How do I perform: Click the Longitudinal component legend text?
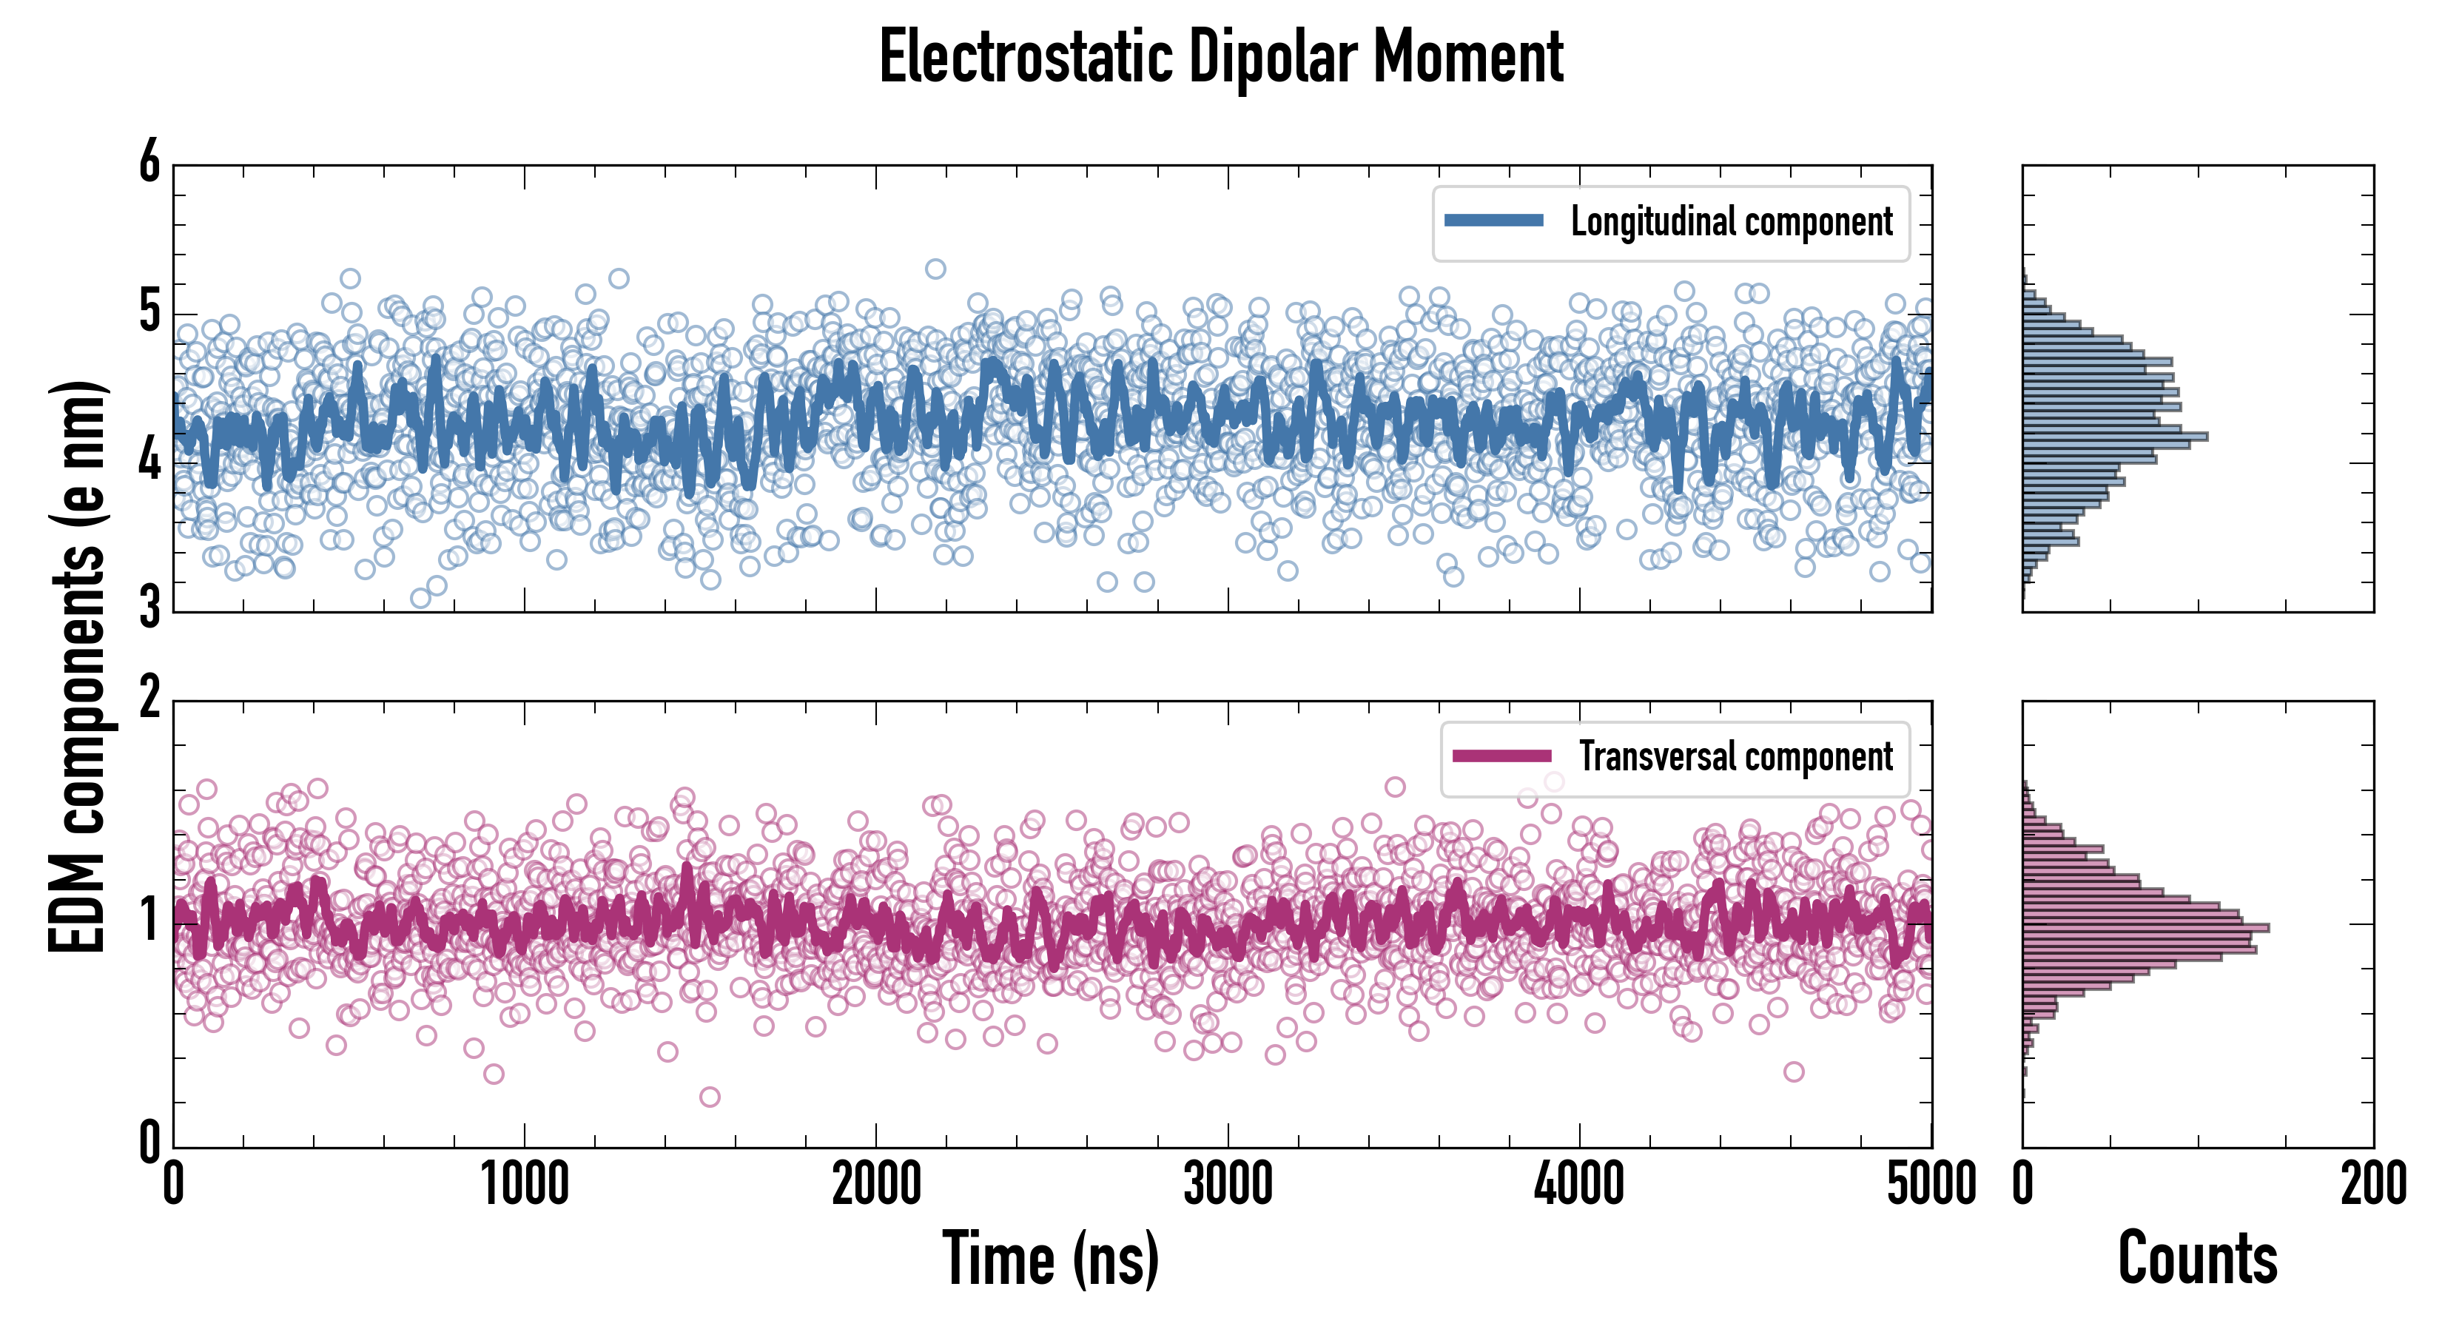1731,222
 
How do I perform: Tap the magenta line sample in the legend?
1501,756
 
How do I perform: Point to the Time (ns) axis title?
1050,1258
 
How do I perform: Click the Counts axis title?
2197,1258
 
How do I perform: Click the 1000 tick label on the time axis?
524,1185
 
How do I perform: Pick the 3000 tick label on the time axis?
1228,1185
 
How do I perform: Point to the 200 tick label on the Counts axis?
2372,1185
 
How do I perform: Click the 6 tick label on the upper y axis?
149,163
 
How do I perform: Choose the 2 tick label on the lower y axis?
149,699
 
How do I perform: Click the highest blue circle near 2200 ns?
935,269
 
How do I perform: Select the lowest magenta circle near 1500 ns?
709,1097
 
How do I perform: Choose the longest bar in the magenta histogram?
2145,927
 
